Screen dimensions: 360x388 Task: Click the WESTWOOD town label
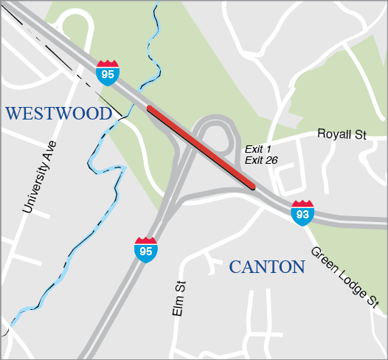(58, 113)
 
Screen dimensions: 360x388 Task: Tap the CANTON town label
(266, 266)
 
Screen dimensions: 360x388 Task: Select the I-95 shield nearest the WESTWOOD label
(107, 72)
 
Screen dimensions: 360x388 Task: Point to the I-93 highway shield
(302, 212)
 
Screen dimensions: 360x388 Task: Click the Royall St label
(342, 134)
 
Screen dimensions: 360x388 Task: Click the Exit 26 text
(261, 160)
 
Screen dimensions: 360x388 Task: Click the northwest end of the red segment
(150, 109)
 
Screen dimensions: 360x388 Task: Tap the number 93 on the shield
(302, 214)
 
